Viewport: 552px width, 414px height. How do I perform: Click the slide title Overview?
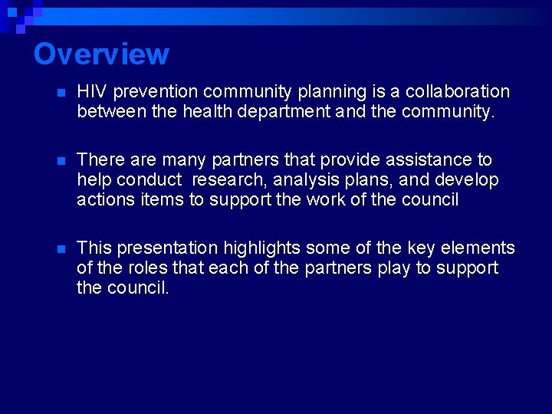(x=101, y=54)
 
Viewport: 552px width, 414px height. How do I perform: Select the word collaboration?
(x=459, y=92)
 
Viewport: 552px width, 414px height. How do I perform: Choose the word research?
(x=227, y=180)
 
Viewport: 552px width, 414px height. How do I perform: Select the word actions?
(x=107, y=200)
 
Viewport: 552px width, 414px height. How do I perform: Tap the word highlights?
(x=261, y=248)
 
